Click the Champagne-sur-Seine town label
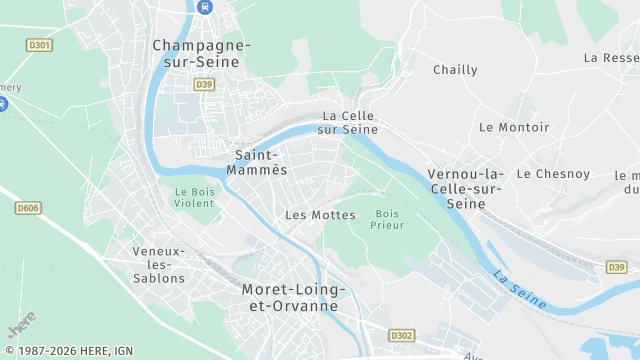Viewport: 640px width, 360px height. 202,53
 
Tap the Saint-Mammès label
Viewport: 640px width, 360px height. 260,162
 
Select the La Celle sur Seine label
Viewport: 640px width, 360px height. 349,122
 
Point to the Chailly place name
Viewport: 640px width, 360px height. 455,70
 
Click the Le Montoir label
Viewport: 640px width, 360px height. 514,127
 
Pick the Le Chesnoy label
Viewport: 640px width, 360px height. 553,173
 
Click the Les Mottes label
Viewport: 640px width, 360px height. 320,215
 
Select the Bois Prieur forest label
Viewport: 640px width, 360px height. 388,219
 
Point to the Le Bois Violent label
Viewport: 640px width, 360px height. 195,197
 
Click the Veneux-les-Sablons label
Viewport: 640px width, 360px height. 159,264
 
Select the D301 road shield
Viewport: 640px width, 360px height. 41,45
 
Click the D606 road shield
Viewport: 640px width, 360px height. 29,208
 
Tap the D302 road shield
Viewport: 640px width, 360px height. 402,335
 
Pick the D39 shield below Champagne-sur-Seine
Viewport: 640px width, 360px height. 204,85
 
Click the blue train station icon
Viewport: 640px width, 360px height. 205,7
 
